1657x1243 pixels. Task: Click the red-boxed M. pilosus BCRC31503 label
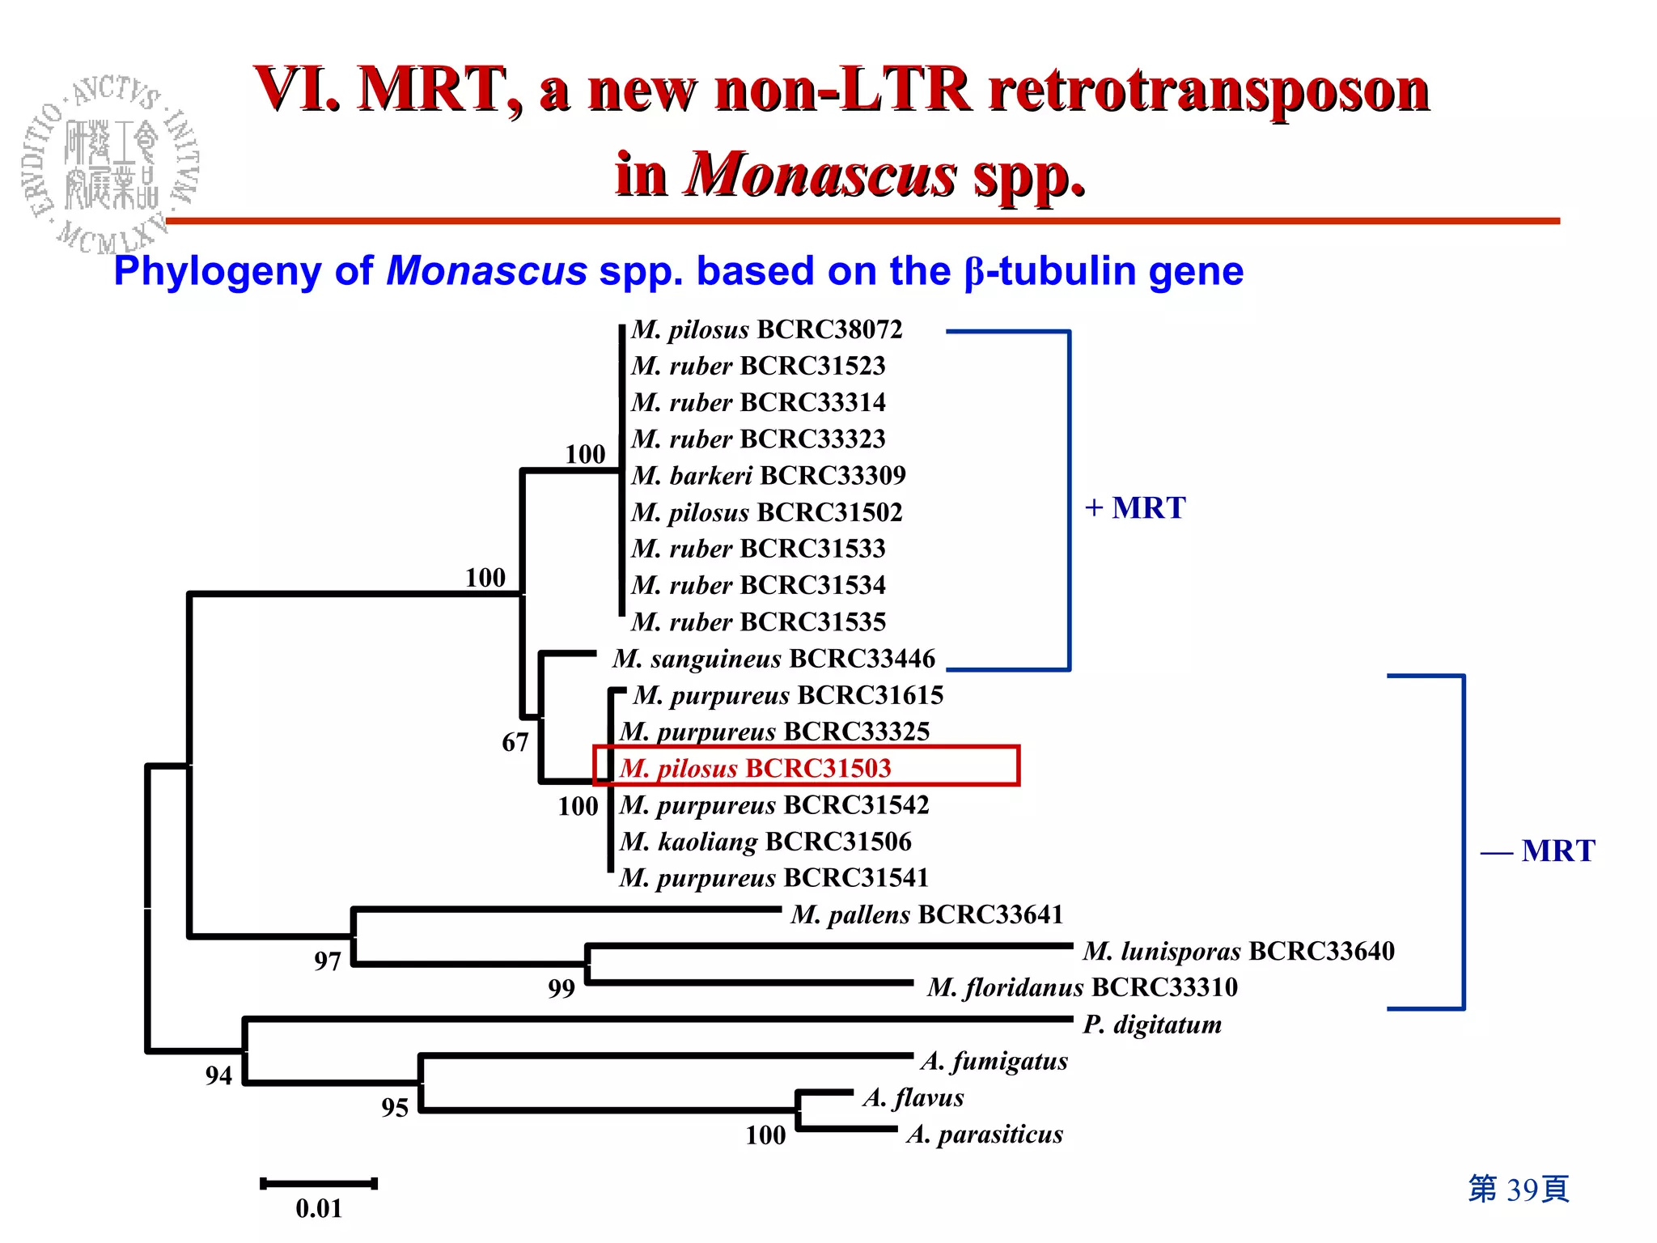(756, 768)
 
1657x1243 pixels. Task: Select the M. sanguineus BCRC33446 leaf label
(773, 659)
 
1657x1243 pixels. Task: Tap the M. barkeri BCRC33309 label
(769, 475)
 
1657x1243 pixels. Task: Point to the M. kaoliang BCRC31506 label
(765, 842)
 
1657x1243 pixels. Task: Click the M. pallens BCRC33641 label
(926, 914)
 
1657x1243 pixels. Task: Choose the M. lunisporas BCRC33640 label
(1239, 951)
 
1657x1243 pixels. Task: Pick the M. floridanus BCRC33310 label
(1083, 987)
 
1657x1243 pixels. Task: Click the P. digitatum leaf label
(1152, 1025)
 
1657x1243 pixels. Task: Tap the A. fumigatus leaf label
(994, 1061)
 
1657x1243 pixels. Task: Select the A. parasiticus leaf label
(985, 1135)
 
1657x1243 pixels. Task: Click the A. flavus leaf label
(913, 1098)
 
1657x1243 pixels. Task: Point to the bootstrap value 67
(515, 742)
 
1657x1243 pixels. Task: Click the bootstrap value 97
(328, 961)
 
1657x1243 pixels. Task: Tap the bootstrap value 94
(218, 1075)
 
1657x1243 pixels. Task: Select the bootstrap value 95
(395, 1108)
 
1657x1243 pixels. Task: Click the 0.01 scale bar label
(319, 1209)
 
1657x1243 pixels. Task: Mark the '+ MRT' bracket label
(1135, 508)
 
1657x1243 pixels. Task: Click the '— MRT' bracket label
(1538, 851)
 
